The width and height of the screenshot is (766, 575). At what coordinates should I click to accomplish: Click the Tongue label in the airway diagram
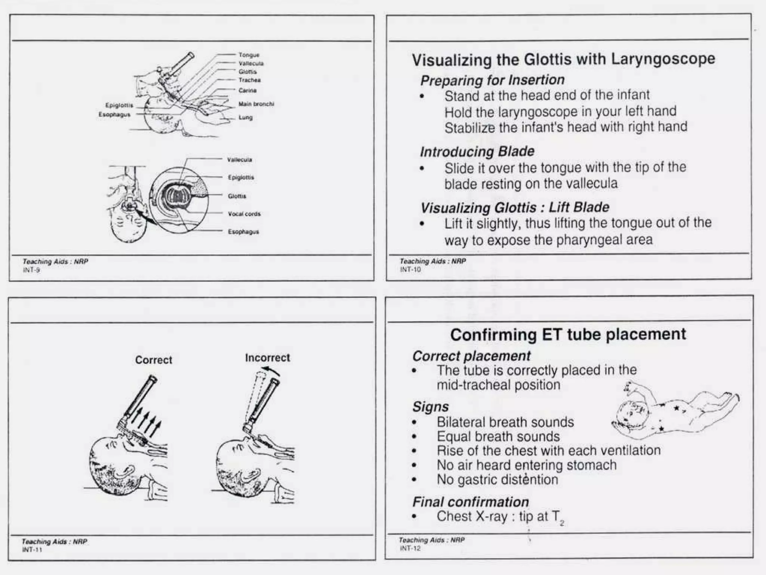point(249,55)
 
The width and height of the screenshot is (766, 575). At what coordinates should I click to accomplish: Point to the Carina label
point(248,91)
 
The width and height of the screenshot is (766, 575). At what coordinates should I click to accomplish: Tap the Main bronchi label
point(256,104)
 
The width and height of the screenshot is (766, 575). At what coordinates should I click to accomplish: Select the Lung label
point(246,118)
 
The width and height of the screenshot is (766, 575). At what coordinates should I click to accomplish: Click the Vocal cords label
point(244,214)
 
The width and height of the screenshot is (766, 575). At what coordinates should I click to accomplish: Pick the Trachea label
point(249,80)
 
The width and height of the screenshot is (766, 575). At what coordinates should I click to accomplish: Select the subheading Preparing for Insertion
point(492,80)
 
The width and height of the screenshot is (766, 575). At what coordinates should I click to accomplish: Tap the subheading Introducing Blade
point(477,152)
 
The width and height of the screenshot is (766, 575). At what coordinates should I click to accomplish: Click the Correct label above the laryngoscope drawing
point(153,360)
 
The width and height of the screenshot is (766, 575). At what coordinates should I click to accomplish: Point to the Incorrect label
point(267,358)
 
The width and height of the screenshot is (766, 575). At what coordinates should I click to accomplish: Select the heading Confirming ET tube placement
point(568,334)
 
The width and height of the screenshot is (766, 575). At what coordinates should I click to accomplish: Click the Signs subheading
point(430,407)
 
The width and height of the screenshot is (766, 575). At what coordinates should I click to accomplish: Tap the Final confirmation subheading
point(471,502)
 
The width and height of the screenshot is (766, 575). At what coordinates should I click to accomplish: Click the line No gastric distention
point(497,480)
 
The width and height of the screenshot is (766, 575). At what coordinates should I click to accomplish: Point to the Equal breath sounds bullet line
point(498,436)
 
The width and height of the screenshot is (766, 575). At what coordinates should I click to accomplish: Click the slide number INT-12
point(410,548)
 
